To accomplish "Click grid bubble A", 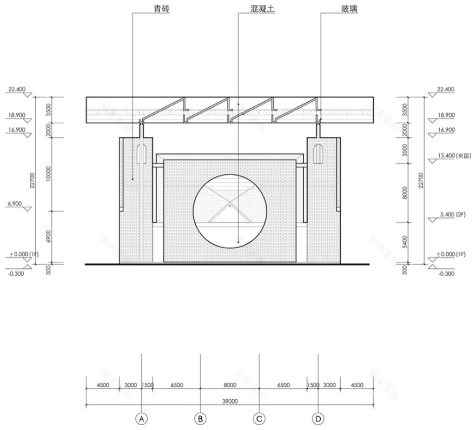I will [142, 419].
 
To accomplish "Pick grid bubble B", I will [201, 419].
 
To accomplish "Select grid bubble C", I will [260, 419].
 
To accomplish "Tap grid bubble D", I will [319, 419].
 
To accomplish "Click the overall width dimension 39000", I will [230, 402].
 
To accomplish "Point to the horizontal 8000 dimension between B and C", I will [230, 385].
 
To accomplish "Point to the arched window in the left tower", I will [142, 153].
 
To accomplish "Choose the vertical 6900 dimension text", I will [49, 237].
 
